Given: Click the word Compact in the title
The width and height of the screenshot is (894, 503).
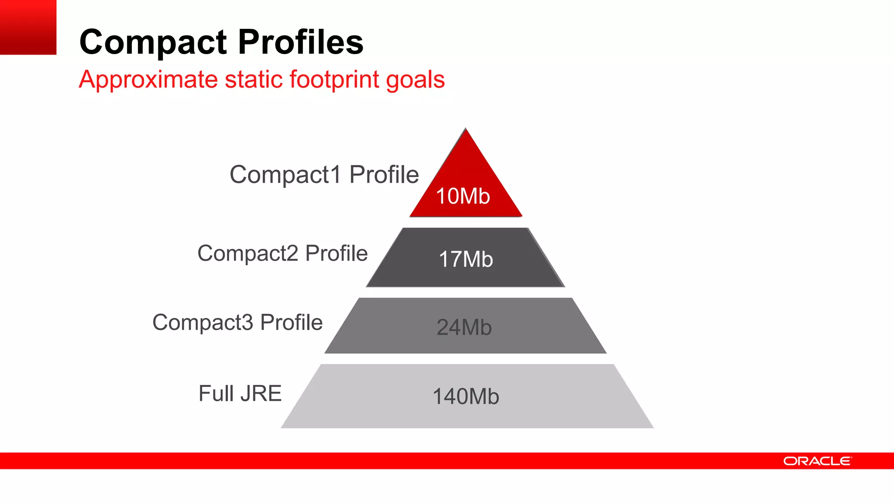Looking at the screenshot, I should [153, 42].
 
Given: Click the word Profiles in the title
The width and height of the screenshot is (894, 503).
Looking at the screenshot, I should [301, 42].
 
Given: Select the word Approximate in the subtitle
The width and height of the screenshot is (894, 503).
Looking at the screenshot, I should [148, 80].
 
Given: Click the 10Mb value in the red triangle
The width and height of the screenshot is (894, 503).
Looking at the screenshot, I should [463, 196].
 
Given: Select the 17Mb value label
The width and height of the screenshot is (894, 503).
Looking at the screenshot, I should [466, 259].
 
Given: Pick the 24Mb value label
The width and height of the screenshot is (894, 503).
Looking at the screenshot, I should [464, 327].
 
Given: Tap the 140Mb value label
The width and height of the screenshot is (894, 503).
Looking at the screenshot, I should [466, 396].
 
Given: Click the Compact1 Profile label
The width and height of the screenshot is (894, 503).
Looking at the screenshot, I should [324, 175].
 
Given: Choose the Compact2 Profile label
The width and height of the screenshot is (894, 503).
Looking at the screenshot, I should [282, 253].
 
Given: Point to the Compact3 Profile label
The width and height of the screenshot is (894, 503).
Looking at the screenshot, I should [237, 323].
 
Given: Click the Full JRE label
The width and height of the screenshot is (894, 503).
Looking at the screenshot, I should [240, 393].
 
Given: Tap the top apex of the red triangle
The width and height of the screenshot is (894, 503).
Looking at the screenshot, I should [466, 129].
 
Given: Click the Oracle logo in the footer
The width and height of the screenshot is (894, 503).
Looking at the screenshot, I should [817, 461].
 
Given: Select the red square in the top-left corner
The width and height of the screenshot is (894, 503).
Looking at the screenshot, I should [28, 27].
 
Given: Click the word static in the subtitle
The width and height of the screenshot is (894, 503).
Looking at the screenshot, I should [254, 80].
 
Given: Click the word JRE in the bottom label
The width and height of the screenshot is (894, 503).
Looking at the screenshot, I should [261, 393].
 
